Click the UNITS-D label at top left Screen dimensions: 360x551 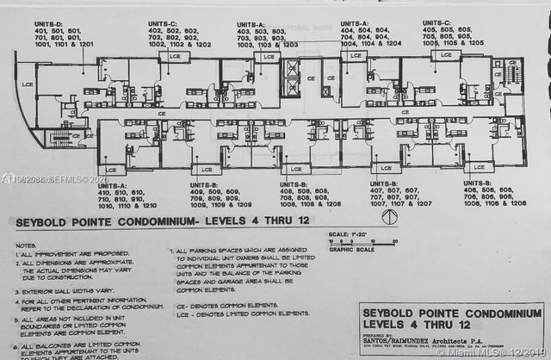[50, 23]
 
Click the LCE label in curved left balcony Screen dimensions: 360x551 [28, 84]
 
